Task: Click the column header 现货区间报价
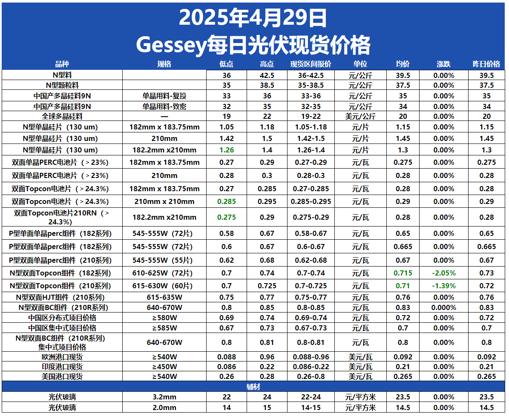[x=311, y=64]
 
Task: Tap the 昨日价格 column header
[x=486, y=64]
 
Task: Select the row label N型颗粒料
[x=62, y=85]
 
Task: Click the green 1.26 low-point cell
[x=227, y=150]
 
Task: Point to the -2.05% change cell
[x=443, y=273]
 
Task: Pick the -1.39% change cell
[x=443, y=286]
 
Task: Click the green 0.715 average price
[x=403, y=273]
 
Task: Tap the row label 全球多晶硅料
[x=62, y=116]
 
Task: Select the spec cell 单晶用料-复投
[x=164, y=96]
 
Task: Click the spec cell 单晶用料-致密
[x=164, y=106]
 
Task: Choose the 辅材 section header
[x=253, y=387]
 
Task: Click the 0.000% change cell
[x=443, y=307]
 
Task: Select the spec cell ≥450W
[x=164, y=367]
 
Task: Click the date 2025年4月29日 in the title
[x=253, y=18]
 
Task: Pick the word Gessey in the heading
[x=170, y=44]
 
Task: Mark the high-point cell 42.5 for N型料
[x=267, y=75]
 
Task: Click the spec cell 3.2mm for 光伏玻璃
[x=164, y=397]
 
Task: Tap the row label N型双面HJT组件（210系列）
[x=62, y=297]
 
